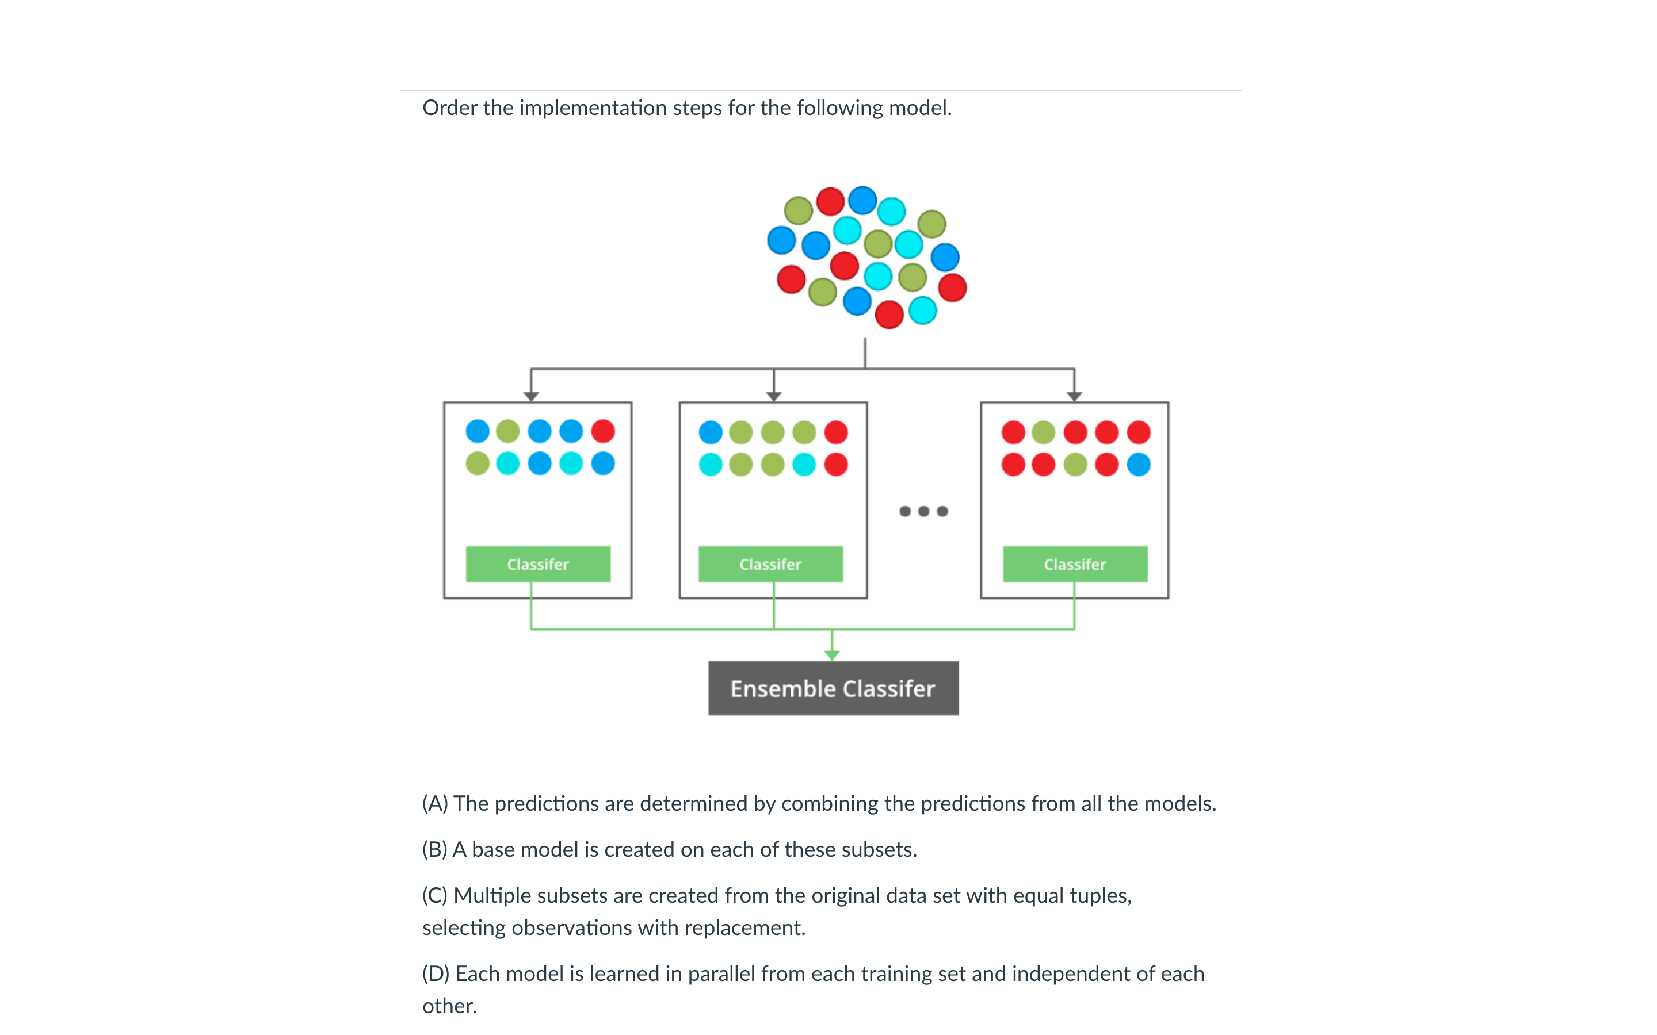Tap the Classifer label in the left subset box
[537, 564]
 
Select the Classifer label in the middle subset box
[770, 564]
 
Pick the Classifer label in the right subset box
[1074, 564]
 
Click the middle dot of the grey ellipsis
[923, 511]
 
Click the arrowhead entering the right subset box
[1074, 396]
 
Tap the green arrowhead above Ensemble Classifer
[832, 655]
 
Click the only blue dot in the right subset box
[1139, 464]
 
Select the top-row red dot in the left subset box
[603, 431]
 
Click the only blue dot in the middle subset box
[711, 432]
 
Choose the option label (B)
[435, 849]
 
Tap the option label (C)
[435, 895]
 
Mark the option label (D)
[436, 973]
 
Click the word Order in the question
[449, 108]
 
